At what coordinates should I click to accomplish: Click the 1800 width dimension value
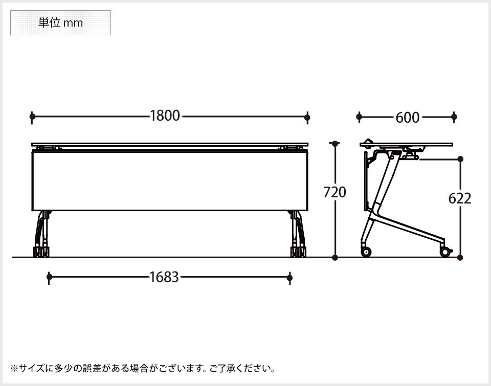165,116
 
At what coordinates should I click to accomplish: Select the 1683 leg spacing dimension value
164,277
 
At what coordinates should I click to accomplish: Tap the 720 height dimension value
335,192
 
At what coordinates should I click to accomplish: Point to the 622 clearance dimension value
460,198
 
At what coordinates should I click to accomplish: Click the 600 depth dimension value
407,118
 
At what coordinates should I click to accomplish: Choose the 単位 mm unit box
60,23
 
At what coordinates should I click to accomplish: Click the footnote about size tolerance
143,368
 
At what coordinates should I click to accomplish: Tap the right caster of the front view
298,252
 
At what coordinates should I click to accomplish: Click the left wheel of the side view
366,252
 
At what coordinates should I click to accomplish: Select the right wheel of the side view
445,252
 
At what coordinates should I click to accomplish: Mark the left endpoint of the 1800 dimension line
32,117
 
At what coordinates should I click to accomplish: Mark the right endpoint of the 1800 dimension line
307,117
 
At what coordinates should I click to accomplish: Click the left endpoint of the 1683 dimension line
49,277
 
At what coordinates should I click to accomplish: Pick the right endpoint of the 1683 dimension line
289,277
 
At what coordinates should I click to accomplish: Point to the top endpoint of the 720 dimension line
335,144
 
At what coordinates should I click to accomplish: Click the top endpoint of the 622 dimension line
460,159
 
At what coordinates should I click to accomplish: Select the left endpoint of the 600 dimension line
359,117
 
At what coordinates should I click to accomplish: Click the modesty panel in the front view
170,180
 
